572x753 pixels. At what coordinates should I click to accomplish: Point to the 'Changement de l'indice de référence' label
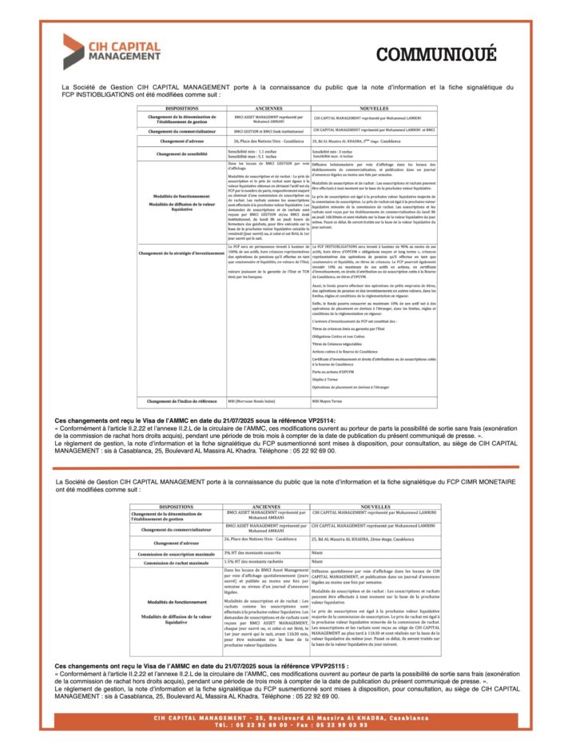click(182, 400)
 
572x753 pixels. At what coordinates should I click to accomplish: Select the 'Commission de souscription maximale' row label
click(177, 553)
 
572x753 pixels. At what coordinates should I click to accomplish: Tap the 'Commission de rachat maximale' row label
click(177, 563)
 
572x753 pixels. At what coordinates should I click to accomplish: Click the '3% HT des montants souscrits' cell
click(256, 552)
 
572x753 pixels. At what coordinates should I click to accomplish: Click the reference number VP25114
click(317, 419)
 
